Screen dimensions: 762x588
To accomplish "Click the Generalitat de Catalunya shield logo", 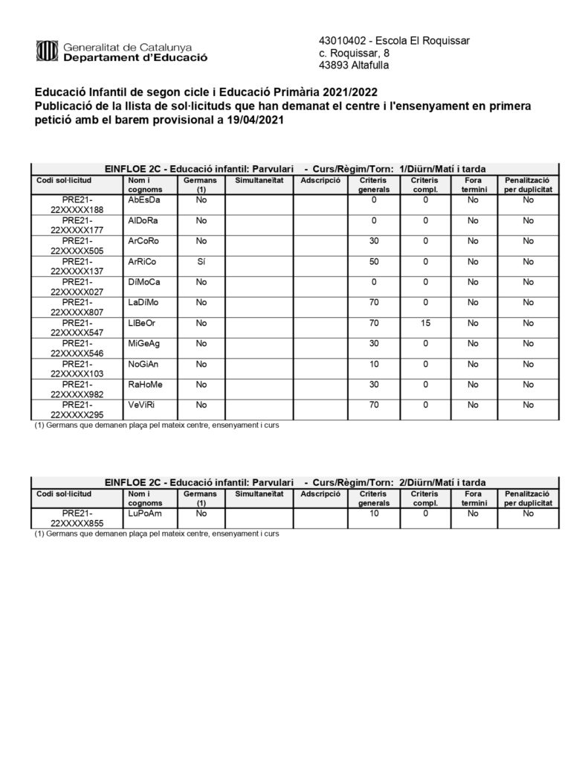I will [46, 52].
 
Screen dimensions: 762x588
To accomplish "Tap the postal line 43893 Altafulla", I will [353, 65].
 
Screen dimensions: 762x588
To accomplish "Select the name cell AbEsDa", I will [144, 200].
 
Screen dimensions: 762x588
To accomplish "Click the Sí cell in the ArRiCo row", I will [200, 263].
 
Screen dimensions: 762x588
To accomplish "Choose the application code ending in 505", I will [78, 246].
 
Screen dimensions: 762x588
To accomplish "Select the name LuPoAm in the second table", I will [144, 513].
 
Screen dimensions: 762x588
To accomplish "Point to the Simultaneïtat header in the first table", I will [259, 180].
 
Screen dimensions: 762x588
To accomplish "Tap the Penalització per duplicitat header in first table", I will [528, 185].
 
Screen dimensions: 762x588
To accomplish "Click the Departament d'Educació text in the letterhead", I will [135, 57].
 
